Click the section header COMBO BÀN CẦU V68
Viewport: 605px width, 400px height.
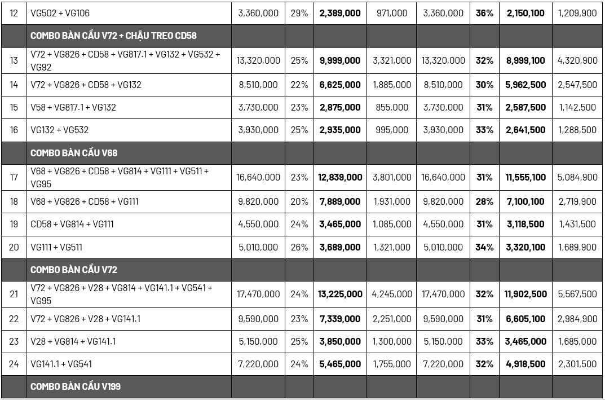pos(74,153)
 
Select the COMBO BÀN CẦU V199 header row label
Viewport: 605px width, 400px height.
pos(76,386)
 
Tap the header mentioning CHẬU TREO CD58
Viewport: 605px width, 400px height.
pos(113,36)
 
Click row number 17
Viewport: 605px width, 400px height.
pos(14,177)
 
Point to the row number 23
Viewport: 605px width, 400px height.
pos(14,341)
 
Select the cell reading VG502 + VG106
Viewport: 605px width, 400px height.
pos(60,13)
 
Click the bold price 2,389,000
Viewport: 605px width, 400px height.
pos(340,13)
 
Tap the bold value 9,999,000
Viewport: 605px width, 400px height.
pos(340,60)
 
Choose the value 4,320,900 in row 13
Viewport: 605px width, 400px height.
pos(577,60)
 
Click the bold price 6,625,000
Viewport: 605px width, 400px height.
pos(340,85)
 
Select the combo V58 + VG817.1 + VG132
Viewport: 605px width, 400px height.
pos(73,107)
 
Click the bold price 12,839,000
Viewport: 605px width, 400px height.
pos(340,177)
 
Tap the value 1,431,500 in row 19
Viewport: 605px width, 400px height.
pos(577,224)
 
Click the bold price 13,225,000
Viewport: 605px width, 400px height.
pos(340,294)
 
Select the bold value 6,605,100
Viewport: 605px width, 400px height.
pos(525,319)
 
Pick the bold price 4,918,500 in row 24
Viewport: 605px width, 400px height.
pos(525,364)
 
